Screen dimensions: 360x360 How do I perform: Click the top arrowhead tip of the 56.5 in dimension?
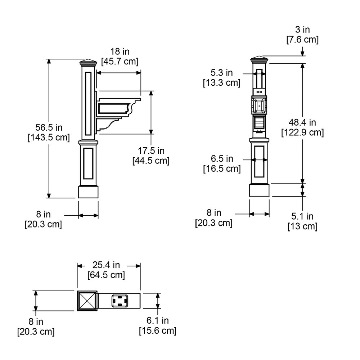click(x=49, y=59)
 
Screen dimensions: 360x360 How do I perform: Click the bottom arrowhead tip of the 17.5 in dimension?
click(x=151, y=134)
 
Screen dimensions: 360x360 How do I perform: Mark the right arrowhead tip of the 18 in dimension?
click(x=141, y=73)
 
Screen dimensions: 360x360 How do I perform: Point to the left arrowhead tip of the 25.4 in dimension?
click(x=77, y=266)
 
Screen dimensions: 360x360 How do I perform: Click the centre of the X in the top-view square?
click(x=87, y=301)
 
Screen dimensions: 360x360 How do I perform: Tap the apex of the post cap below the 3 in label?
click(x=260, y=56)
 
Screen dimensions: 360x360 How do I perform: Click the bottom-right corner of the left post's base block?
click(x=98, y=198)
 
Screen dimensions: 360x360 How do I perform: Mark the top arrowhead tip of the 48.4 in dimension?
click(x=303, y=63)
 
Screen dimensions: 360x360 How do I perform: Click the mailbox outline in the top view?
click(x=120, y=301)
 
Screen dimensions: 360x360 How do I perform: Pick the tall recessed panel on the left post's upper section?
click(x=88, y=104)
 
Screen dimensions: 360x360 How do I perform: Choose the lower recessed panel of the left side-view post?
click(x=88, y=163)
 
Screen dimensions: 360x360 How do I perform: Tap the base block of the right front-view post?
click(x=259, y=190)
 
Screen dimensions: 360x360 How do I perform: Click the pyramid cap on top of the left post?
click(x=89, y=62)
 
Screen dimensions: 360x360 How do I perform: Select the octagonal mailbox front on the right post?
click(x=259, y=105)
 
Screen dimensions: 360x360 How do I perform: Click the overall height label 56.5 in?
click(x=49, y=127)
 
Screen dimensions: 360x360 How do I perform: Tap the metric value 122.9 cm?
click(x=303, y=132)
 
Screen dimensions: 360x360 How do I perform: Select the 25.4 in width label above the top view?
click(x=106, y=265)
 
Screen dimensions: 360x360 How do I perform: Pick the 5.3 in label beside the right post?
click(x=222, y=73)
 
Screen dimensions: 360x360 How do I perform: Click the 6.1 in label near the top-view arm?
click(x=158, y=320)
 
